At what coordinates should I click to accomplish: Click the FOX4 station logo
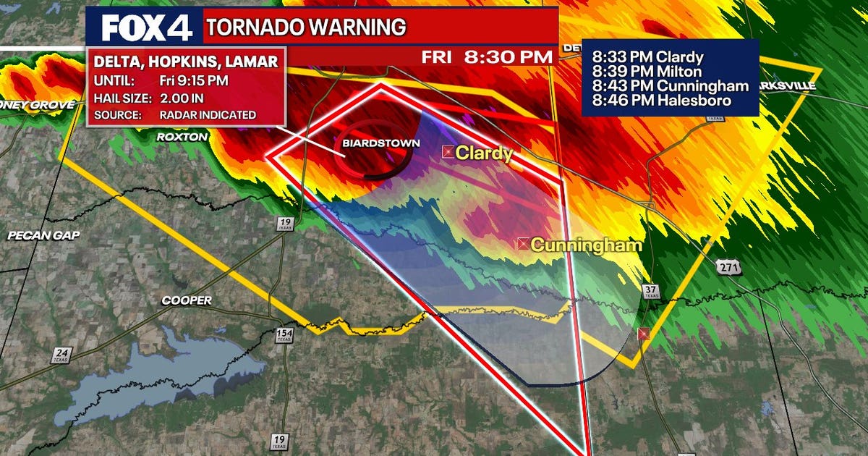point(147,28)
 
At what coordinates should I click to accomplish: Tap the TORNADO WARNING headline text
point(306,28)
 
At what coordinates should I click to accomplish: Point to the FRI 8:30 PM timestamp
point(489,56)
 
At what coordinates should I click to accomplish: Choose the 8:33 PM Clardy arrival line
point(647,57)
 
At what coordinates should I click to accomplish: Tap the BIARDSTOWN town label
point(380,143)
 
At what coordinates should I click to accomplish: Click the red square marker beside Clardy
point(448,152)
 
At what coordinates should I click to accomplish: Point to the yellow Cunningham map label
point(587,245)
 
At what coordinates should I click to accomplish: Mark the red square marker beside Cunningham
point(523,245)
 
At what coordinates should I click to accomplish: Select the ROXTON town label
point(182,136)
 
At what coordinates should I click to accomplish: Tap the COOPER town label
point(187,300)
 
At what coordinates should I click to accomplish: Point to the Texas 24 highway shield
point(61,355)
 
